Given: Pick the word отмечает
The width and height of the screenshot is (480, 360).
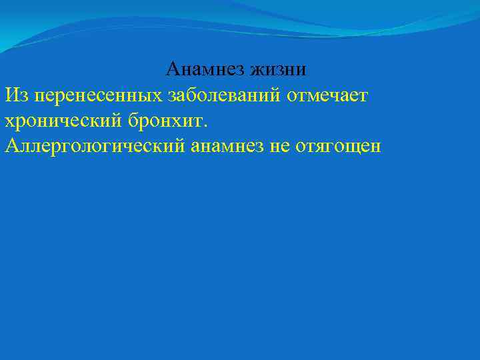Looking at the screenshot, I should tap(327, 95).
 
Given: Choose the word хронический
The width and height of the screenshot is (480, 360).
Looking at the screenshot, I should tap(60, 121).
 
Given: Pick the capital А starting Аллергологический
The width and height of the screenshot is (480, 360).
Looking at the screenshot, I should tap(11, 145).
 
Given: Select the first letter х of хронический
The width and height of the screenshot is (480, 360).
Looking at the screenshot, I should tap(9, 122).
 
